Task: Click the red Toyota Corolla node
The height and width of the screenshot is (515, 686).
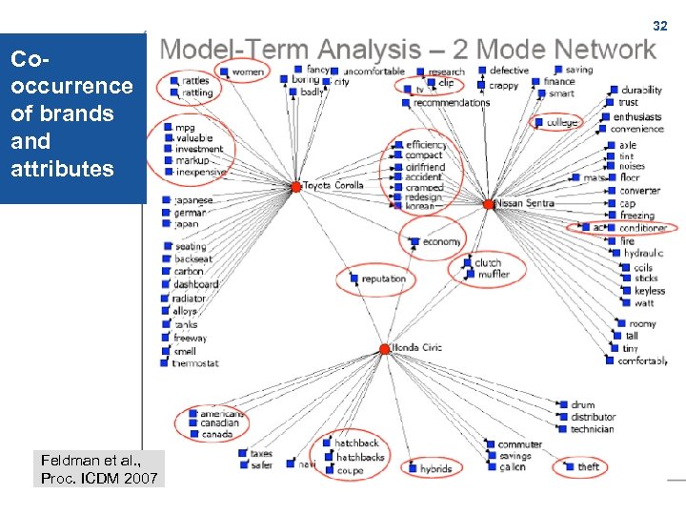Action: (296, 186)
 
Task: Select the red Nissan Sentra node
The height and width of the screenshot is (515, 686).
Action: (489, 204)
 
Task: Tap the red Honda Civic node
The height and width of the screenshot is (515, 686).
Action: (385, 349)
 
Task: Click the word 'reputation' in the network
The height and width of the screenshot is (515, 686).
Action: (384, 279)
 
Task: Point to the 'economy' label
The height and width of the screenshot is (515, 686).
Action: (442, 242)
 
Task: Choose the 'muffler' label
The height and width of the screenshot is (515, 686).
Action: (494, 275)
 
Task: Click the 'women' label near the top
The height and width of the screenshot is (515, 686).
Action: (248, 72)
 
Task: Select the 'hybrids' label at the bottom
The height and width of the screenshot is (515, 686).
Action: (435, 469)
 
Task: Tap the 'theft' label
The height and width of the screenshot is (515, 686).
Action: (589, 466)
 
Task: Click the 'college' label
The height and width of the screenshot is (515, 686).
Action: (562, 123)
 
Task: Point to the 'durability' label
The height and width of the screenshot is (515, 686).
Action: (641, 91)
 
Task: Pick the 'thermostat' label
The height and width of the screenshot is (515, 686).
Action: (196, 363)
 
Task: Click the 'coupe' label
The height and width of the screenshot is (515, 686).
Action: (350, 471)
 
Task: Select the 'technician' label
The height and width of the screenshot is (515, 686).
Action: (593, 429)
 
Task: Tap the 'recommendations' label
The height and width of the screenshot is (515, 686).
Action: (452, 103)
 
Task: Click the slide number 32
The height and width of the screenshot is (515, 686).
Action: (659, 26)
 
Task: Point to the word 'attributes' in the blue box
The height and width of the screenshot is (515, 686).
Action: (62, 170)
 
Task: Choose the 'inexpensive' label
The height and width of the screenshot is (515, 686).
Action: (201, 173)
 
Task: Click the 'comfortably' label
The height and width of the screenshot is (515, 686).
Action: (642, 361)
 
